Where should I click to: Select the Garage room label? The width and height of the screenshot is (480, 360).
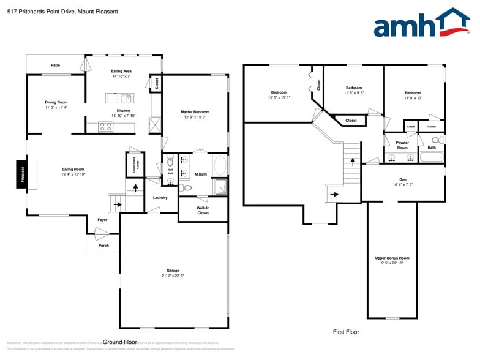coord(173,271)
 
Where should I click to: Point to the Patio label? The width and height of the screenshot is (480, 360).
coord(55,64)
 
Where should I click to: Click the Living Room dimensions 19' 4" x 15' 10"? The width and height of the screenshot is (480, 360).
coord(73,174)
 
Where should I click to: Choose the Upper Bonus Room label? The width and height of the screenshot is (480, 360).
coord(392,258)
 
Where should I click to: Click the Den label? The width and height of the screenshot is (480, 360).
coord(403,179)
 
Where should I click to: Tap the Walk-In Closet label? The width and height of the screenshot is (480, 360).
coord(203,211)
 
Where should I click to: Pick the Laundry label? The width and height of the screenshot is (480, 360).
coord(160,197)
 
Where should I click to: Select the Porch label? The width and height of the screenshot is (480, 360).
coord(103,246)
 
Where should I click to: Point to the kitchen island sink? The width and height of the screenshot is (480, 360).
coord(126,97)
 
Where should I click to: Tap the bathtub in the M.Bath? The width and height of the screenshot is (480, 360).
coord(220,166)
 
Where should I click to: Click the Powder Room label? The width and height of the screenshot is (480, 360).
coord(402,145)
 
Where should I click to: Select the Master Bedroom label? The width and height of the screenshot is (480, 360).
coord(195,112)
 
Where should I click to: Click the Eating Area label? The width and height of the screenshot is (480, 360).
coord(121,71)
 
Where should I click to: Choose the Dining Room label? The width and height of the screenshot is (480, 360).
coord(56,102)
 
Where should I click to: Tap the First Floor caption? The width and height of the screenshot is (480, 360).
coord(346,332)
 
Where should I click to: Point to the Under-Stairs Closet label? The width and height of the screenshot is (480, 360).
coord(137,164)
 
